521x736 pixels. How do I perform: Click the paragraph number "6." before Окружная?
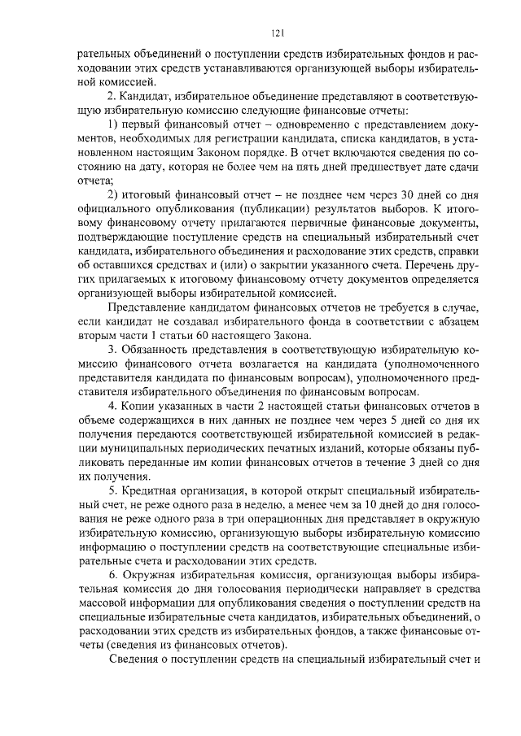(114, 576)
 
